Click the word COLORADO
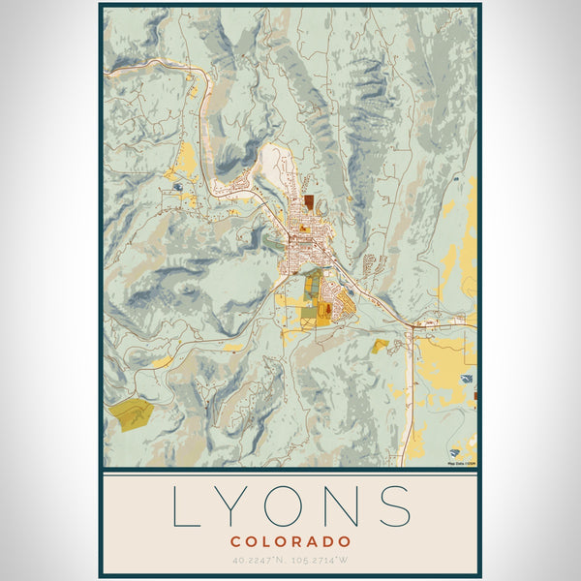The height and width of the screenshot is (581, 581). [x=290, y=540]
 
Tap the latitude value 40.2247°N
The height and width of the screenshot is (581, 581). [x=260, y=559]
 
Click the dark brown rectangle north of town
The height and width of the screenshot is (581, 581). [x=308, y=202]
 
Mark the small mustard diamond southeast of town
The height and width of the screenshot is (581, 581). [x=380, y=345]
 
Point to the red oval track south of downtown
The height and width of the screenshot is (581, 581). [x=325, y=309]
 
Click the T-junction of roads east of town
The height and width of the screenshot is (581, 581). [x=414, y=326]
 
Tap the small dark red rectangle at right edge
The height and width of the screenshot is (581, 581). [x=475, y=393]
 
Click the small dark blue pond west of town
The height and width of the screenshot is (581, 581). [x=177, y=186]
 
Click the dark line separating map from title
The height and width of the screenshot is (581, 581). [x=290, y=471]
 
